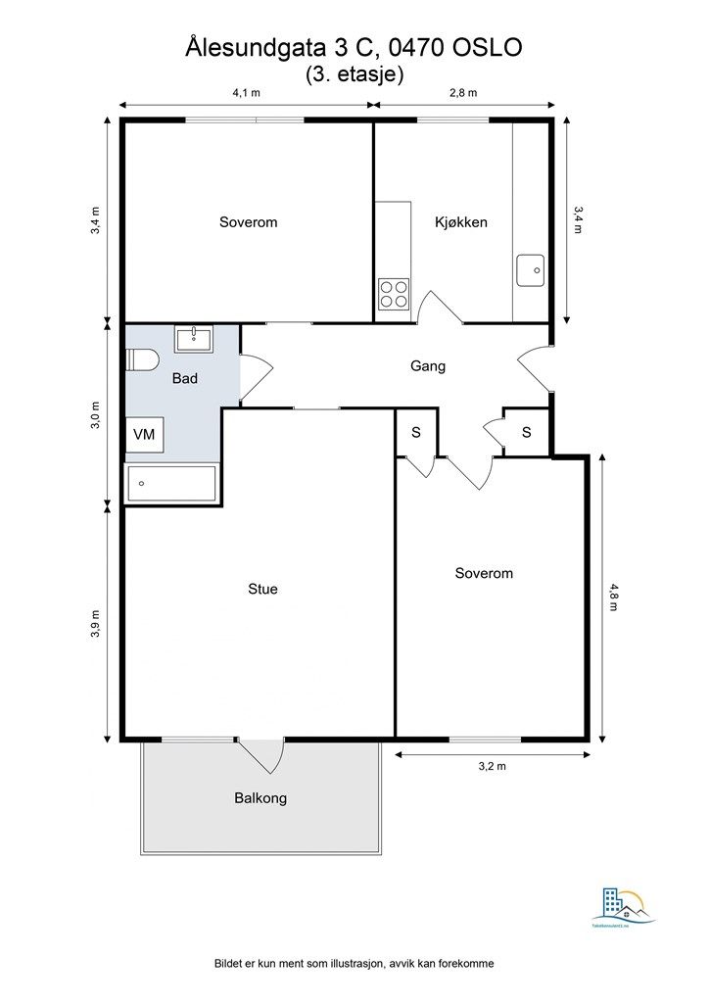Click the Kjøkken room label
[460, 222]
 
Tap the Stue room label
[262, 589]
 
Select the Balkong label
[260, 798]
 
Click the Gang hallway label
[428, 366]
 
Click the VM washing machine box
[144, 433]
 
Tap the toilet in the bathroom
[142, 360]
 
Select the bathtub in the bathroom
[172, 483]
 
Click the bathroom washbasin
[194, 339]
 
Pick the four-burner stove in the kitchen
[394, 292]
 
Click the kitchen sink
[531, 269]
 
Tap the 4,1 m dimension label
[246, 93]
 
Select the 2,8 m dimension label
[462, 93]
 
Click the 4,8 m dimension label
[614, 597]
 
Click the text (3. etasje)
[354, 72]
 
